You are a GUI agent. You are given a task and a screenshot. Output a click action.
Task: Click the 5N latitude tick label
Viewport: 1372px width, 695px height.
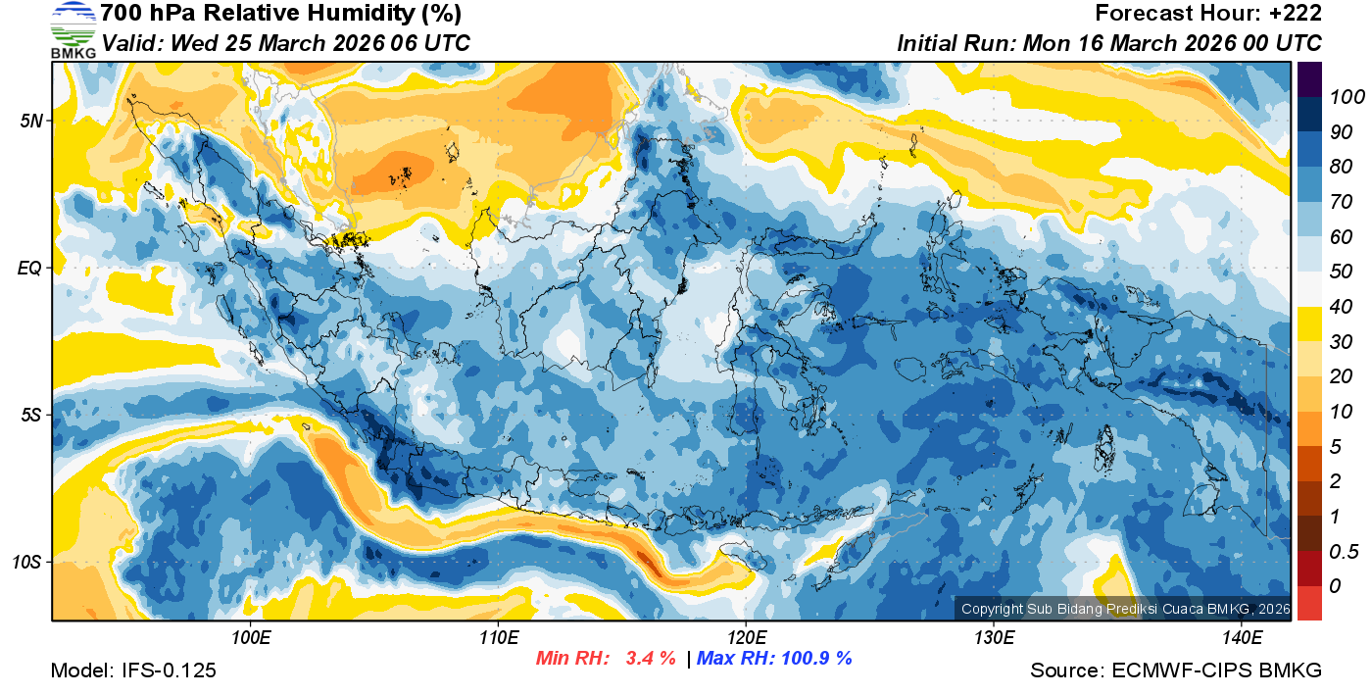click(30, 121)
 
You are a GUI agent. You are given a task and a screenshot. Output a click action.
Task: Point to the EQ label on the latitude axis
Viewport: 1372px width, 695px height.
click(30, 268)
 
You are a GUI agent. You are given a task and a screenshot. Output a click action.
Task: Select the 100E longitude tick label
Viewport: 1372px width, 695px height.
click(251, 638)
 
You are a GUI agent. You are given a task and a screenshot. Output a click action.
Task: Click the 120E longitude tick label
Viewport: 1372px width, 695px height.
click(746, 638)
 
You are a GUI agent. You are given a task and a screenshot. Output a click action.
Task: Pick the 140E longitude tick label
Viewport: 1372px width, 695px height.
click(1242, 638)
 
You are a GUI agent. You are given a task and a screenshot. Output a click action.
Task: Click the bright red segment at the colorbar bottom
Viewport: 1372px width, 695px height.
click(1309, 602)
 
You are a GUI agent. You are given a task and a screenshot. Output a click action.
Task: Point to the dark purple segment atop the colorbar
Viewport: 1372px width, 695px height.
click(1309, 78)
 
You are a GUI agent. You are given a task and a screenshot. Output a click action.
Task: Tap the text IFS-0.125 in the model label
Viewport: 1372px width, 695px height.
click(170, 670)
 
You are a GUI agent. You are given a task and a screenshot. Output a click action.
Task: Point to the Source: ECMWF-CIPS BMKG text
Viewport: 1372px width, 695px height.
click(1176, 670)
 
